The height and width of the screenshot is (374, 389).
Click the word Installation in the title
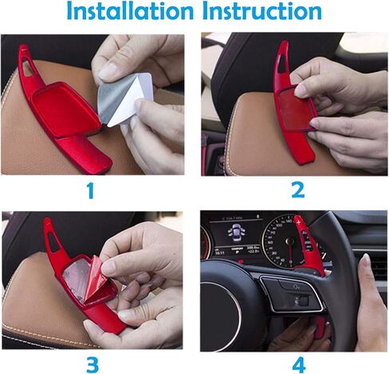[x=130, y=11]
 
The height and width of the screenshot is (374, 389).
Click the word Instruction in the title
[x=262, y=11]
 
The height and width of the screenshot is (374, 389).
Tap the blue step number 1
[x=91, y=190]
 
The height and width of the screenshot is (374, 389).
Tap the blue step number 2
[x=298, y=189]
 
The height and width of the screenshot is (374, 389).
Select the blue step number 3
[x=92, y=364]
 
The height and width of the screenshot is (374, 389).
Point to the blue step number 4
[x=299, y=364]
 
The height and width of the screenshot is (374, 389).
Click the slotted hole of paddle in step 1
[x=28, y=68]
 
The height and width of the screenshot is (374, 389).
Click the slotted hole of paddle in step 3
[x=53, y=241]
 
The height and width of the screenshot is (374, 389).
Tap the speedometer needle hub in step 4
[x=289, y=241]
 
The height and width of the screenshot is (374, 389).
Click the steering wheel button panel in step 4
[x=292, y=293]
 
